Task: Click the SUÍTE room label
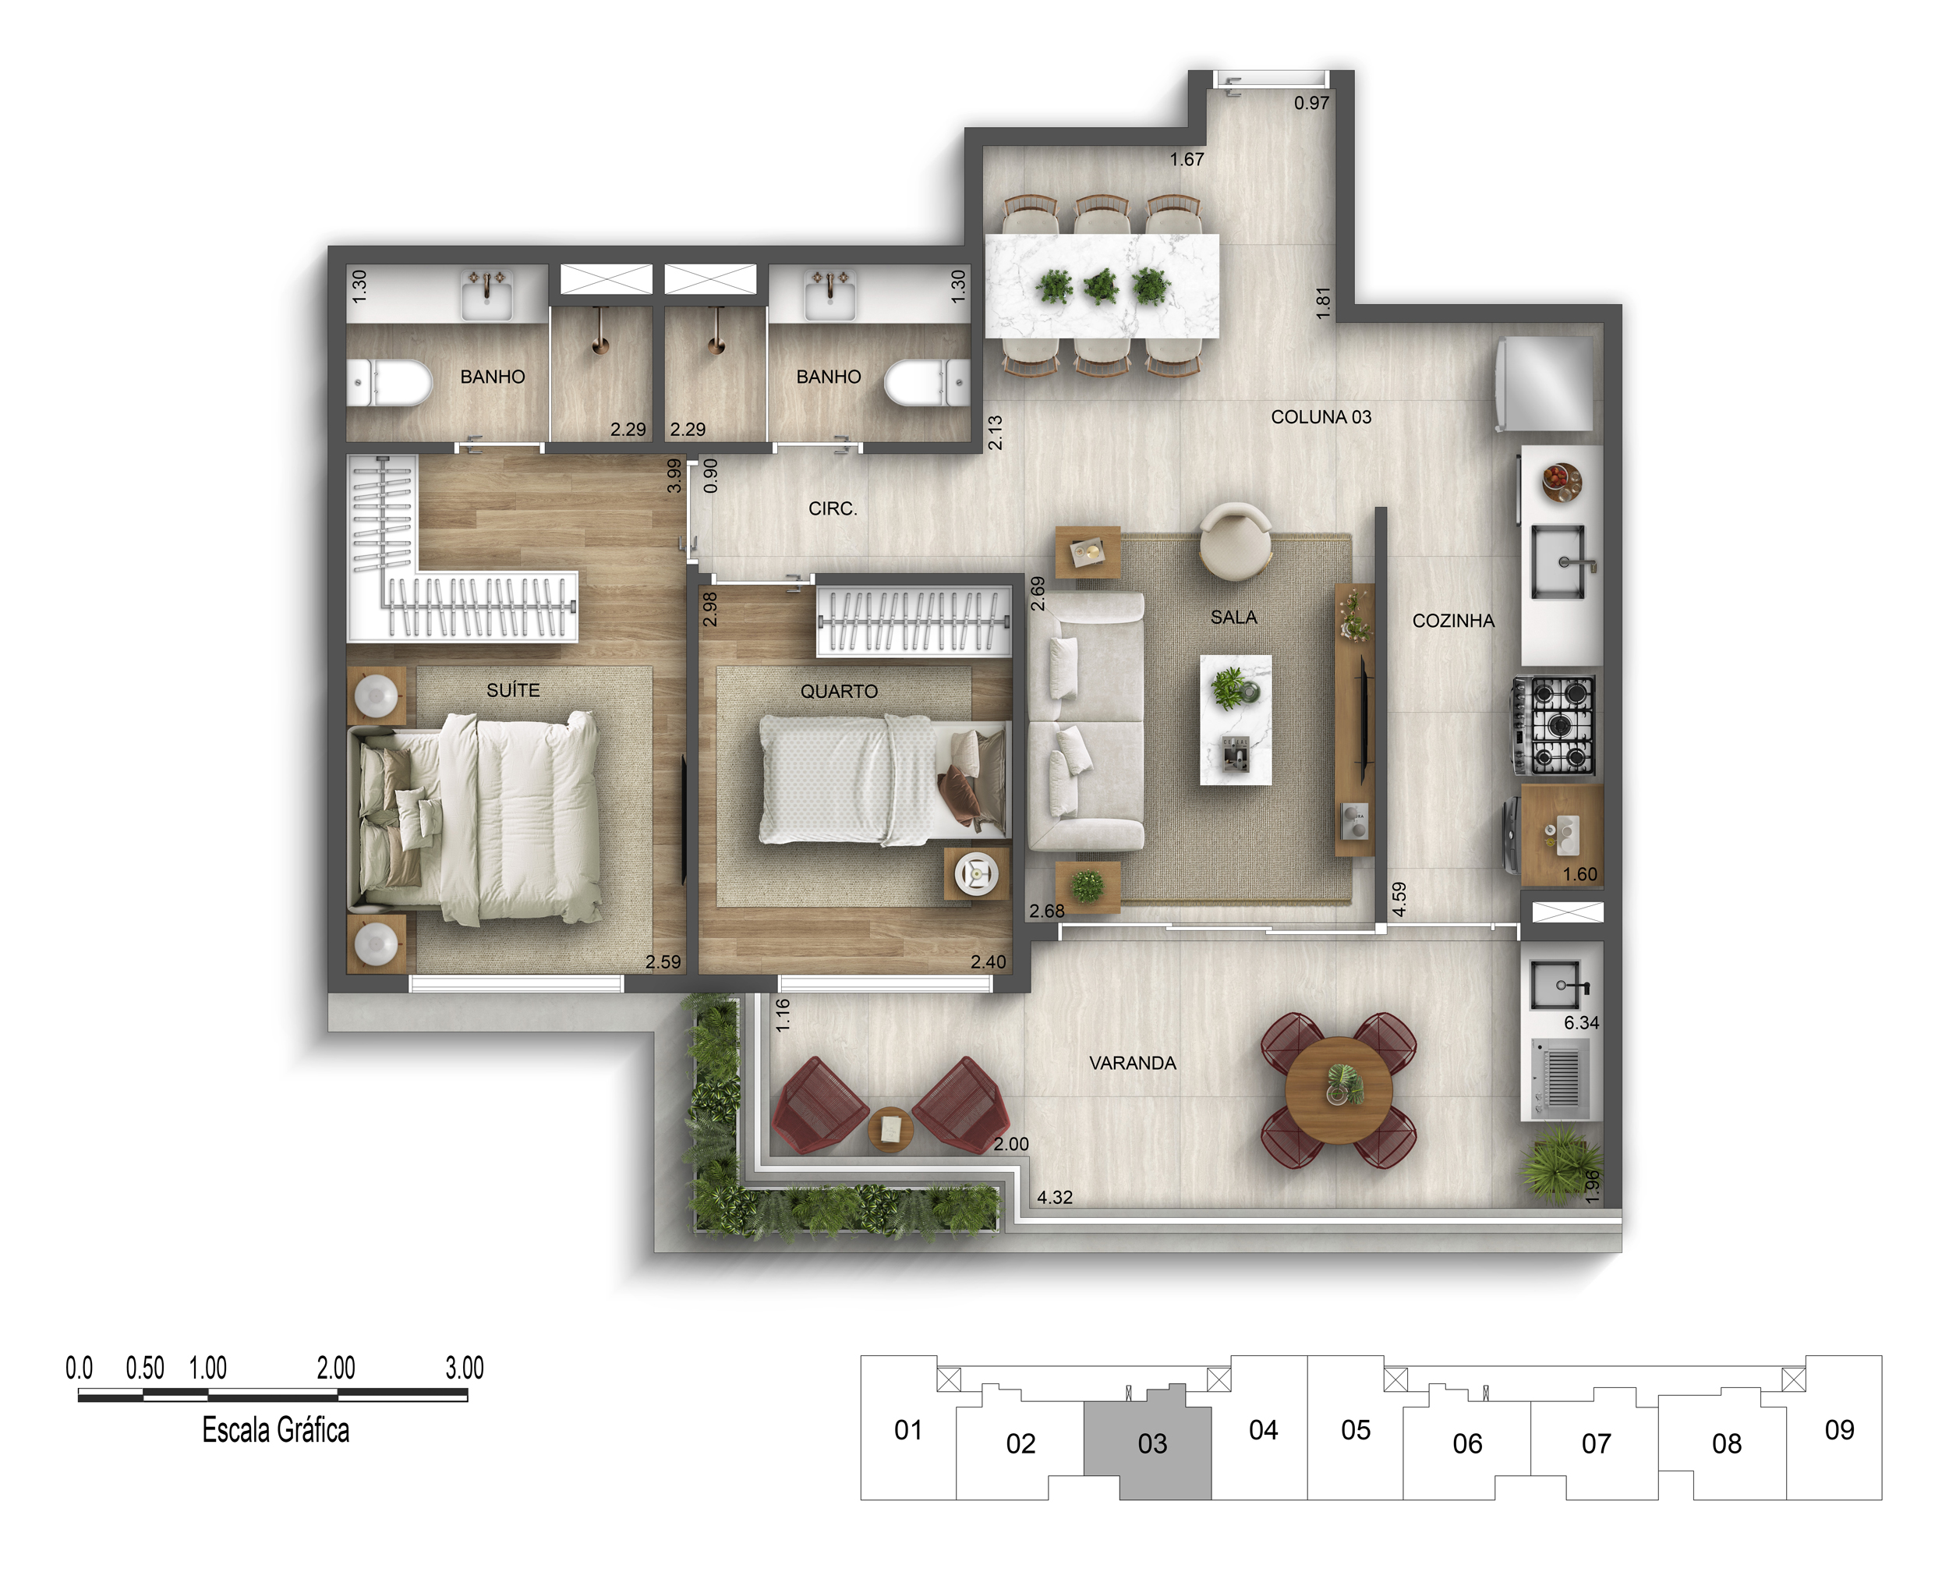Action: coord(512,690)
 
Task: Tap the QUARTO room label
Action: coord(838,691)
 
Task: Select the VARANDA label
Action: coord(1133,1063)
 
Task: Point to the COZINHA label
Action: coord(1453,620)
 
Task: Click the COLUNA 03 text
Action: coord(1321,416)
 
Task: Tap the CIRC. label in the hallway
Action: coord(833,509)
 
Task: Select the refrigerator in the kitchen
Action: coord(1544,384)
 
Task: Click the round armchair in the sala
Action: coord(1235,541)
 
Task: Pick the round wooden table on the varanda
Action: coord(1339,1091)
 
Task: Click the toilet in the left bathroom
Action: coord(389,382)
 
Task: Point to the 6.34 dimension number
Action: coord(1582,1022)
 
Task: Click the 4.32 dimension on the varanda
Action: coord(1055,1197)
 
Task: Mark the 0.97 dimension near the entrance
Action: coord(1312,103)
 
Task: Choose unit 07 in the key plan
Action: coord(1596,1443)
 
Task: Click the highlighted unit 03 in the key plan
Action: coord(1152,1443)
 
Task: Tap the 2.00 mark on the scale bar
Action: coord(336,1368)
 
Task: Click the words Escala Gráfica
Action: coord(275,1430)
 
